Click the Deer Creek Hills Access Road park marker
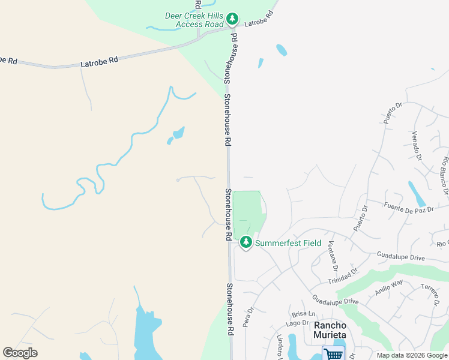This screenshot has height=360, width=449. pyautogui.click(x=232, y=20)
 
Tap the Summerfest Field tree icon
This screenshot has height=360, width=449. pyautogui.click(x=246, y=242)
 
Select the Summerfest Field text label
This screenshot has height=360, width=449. pyautogui.click(x=288, y=243)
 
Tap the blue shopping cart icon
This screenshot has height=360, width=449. pyautogui.click(x=333, y=353)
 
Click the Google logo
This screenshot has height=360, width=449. pyautogui.click(x=20, y=353)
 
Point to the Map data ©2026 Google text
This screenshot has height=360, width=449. pyautogui.click(x=412, y=355)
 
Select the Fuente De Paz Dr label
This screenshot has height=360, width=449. pyautogui.click(x=408, y=208)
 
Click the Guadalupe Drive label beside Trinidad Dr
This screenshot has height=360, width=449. pyautogui.click(x=401, y=257)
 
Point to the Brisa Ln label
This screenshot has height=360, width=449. pyautogui.click(x=304, y=314)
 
